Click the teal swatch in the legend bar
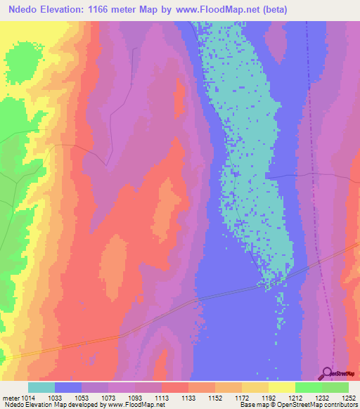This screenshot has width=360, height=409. coord(41,387)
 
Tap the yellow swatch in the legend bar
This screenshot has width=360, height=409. coord(281,387)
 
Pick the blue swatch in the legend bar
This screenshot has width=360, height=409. coord(68,387)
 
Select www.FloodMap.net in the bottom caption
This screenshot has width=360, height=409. coord(132,405)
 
